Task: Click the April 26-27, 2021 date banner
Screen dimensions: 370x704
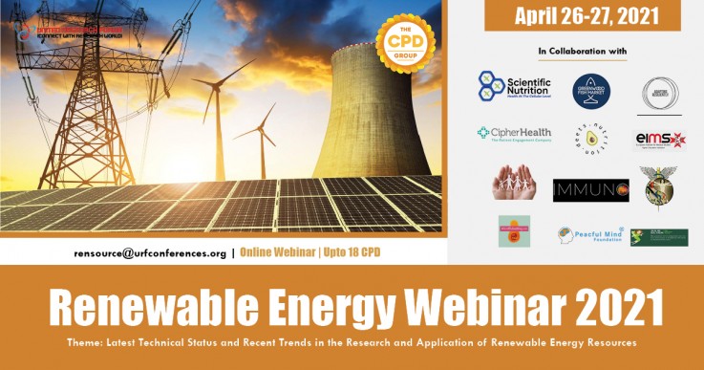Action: tap(583, 15)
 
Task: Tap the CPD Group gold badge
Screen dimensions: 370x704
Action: tap(403, 43)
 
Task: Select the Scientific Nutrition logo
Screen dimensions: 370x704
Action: tap(515, 87)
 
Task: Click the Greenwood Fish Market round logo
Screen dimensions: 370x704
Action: tap(591, 91)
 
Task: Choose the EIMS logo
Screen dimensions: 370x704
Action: tap(661, 140)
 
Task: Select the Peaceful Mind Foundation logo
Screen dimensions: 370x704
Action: tap(591, 234)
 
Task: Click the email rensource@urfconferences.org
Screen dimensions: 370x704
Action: tap(150, 253)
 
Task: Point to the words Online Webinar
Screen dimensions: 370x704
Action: tap(282, 253)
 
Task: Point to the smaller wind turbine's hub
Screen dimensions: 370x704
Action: tap(262, 131)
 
